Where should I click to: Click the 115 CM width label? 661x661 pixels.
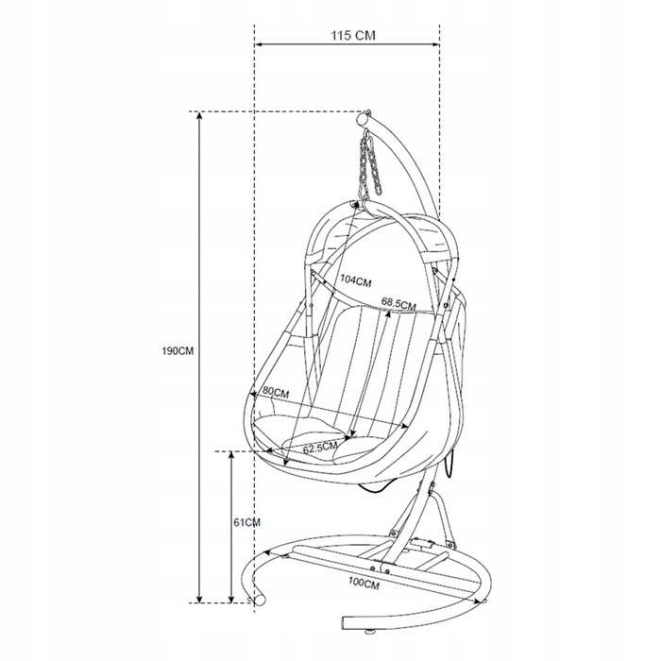click(x=352, y=36)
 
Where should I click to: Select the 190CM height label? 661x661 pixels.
click(x=178, y=350)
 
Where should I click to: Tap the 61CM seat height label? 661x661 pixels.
click(x=247, y=523)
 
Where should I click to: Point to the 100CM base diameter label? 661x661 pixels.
click(x=364, y=584)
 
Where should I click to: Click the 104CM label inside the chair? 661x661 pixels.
click(x=356, y=280)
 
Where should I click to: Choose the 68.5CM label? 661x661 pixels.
click(x=398, y=303)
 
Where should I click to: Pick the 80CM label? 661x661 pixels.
click(x=276, y=393)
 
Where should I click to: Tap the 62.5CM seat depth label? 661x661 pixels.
click(x=320, y=448)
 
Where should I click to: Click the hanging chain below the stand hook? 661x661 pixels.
click(x=370, y=164)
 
